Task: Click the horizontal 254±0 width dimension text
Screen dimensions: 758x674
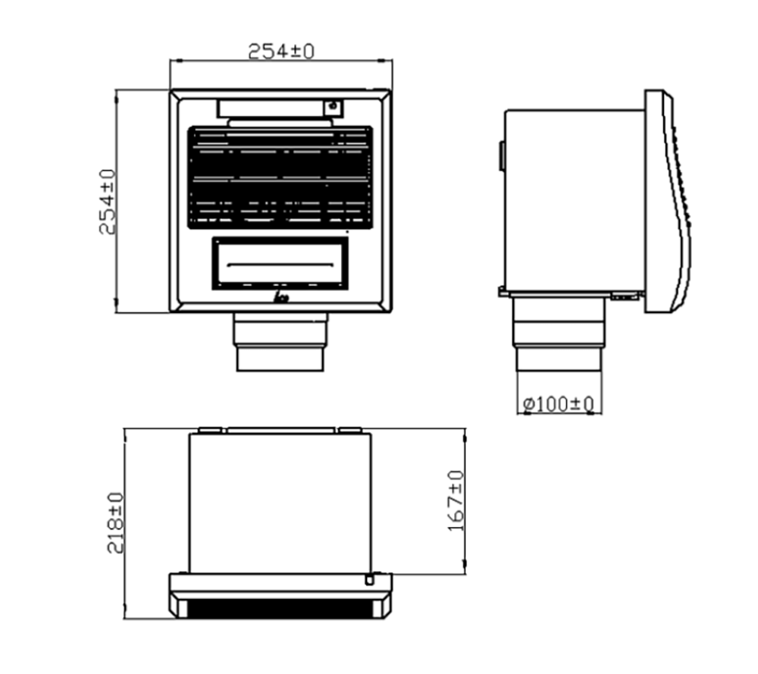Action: tap(281, 52)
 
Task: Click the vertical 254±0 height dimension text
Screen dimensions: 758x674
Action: tap(108, 202)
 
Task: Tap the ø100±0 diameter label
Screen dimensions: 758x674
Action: tap(559, 404)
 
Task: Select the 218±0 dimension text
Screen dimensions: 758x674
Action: tap(115, 523)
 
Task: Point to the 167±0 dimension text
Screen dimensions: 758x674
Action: tap(456, 501)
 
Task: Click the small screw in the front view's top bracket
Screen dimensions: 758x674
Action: tap(333, 105)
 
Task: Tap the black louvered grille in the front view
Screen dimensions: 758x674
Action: tap(280, 177)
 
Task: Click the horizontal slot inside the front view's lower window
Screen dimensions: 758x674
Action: tap(280, 265)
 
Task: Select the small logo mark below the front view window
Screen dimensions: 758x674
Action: tap(281, 297)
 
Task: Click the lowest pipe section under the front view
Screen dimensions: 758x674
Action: tap(280, 359)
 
